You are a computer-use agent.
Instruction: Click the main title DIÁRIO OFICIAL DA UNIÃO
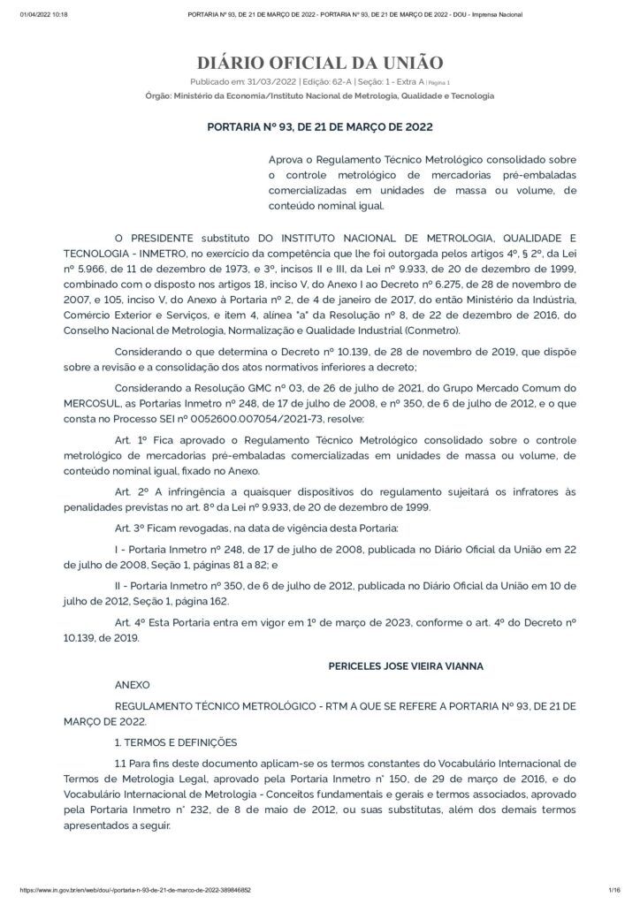pyautogui.click(x=319, y=63)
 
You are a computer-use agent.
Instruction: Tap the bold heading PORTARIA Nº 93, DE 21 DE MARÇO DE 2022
pyautogui.click(x=319, y=127)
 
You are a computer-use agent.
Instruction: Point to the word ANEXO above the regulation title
pyautogui.click(x=133, y=684)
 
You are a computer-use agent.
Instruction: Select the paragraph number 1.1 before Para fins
pyautogui.click(x=121, y=762)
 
